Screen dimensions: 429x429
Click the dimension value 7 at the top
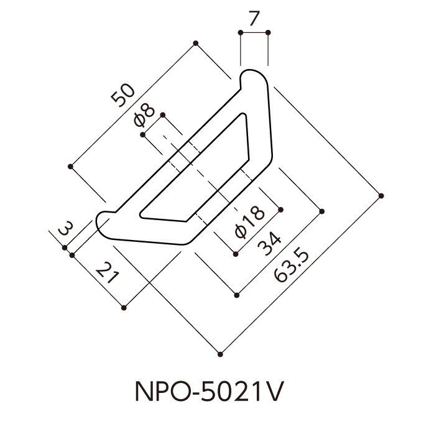(x=254, y=19)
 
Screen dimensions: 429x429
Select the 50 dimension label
(x=123, y=95)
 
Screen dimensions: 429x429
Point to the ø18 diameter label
(x=250, y=222)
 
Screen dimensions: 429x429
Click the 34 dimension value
(x=269, y=244)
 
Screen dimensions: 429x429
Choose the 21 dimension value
(x=108, y=273)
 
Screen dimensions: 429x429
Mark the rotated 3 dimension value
(x=66, y=228)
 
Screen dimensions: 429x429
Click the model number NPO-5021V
(x=210, y=392)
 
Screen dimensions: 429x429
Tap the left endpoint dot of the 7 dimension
(x=241, y=32)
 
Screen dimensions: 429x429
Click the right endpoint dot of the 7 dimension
(x=268, y=32)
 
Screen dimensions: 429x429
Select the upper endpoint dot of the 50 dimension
(x=196, y=44)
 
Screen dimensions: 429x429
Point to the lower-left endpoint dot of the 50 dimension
(x=71, y=167)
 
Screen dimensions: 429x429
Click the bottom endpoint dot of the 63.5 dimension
(x=220, y=354)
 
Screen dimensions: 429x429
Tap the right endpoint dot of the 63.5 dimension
(x=381, y=196)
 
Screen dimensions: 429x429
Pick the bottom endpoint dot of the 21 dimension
(x=124, y=308)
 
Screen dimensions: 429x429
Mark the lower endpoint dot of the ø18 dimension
(x=236, y=254)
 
